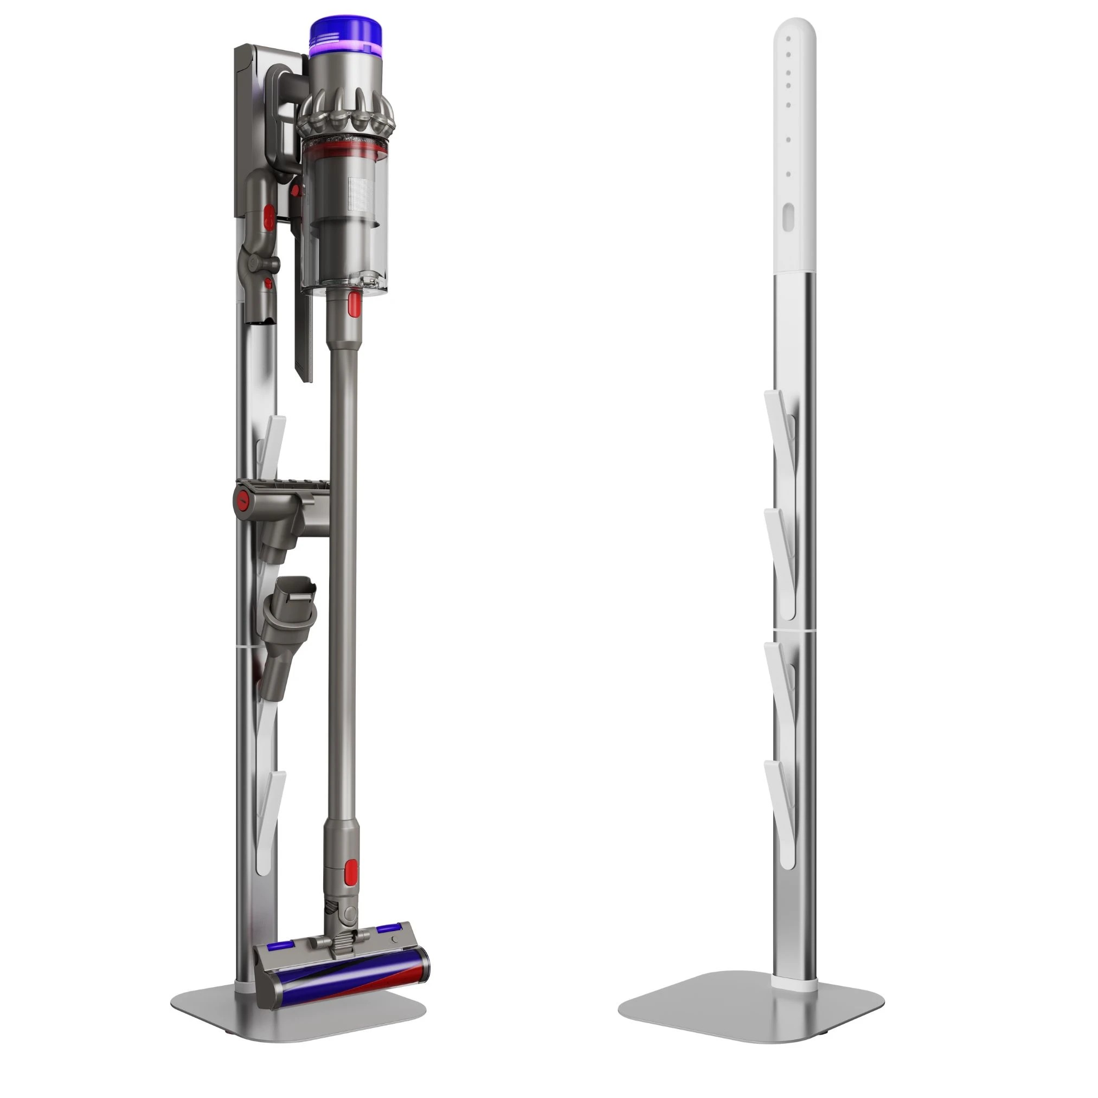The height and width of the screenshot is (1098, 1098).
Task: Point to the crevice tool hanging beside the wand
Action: pos(304,330)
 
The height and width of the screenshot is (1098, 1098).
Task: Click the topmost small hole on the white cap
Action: pos(789,38)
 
